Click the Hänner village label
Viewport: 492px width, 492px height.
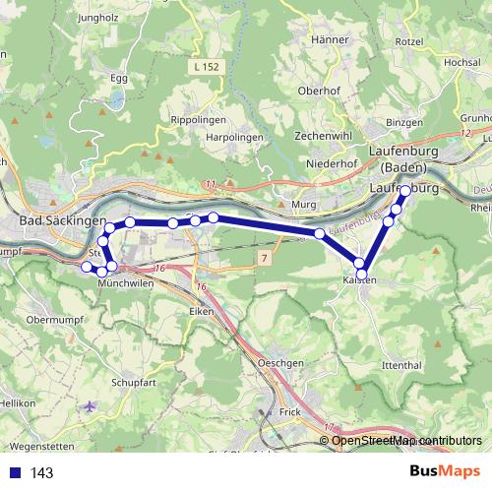tap(332, 39)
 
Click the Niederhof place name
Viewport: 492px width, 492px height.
tap(331, 162)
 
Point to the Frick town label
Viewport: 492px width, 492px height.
tap(288, 411)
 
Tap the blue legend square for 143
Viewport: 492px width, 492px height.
tap(15, 473)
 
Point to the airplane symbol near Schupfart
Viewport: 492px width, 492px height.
tap(92, 405)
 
